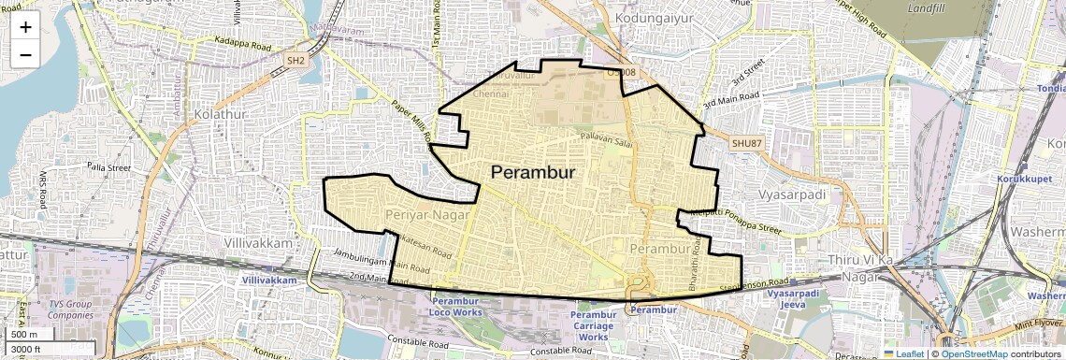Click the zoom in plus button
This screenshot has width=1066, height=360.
25,27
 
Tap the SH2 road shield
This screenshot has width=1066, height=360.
295,60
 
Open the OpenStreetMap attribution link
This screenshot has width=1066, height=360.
973,353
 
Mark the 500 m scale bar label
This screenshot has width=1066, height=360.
25,335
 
